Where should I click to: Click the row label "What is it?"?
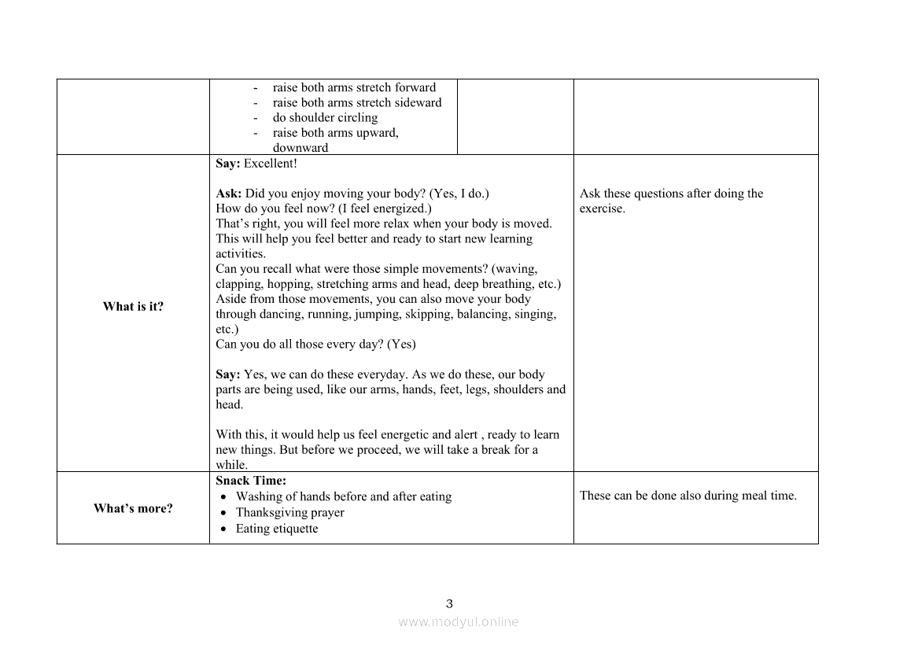tap(133, 307)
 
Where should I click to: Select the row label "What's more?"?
tap(133, 508)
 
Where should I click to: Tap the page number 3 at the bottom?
tap(449, 604)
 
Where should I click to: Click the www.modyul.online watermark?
tap(458, 621)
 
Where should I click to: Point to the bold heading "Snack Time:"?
tap(251, 481)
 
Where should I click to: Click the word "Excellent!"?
tap(271, 164)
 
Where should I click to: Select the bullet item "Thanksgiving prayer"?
tap(289, 512)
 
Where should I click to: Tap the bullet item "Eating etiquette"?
tap(277, 529)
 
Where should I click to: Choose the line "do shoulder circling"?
tap(325, 117)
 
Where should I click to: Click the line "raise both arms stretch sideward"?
tap(357, 102)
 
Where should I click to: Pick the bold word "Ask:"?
tap(229, 194)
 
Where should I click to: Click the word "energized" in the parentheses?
tap(400, 208)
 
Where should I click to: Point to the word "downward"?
tap(300, 148)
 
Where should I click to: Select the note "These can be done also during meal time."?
tap(688, 496)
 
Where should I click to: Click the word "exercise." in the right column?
tap(603, 208)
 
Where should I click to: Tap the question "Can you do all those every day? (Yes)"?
tap(315, 344)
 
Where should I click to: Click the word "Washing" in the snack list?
tap(257, 496)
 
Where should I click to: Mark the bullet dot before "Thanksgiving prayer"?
tap(225, 513)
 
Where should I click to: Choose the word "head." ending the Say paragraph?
tap(230, 404)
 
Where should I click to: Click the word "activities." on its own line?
tap(241, 253)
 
